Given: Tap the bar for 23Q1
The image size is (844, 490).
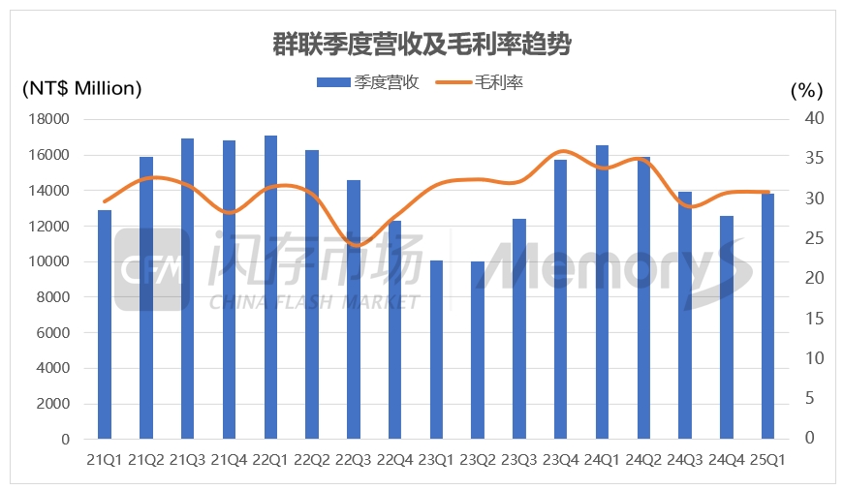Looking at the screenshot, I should click(436, 350).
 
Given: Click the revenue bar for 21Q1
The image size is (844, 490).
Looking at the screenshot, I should click(105, 324).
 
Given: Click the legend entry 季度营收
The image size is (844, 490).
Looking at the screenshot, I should click(367, 83).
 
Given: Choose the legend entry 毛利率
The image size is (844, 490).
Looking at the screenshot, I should click(485, 83).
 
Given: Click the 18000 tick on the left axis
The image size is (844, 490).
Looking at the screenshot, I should click(51, 119).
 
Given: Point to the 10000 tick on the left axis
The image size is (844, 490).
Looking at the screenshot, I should click(51, 261).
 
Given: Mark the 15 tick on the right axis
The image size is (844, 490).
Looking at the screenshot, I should click(813, 319).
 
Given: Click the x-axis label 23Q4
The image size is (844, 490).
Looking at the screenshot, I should click(560, 459).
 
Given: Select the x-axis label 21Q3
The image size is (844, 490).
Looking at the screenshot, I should click(187, 459).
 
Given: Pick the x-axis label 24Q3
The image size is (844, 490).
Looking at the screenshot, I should click(684, 459).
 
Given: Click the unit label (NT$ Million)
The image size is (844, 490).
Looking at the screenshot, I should click(81, 89).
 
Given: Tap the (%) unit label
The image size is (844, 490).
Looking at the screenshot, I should click(806, 90).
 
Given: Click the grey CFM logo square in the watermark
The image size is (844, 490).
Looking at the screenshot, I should click(152, 270).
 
